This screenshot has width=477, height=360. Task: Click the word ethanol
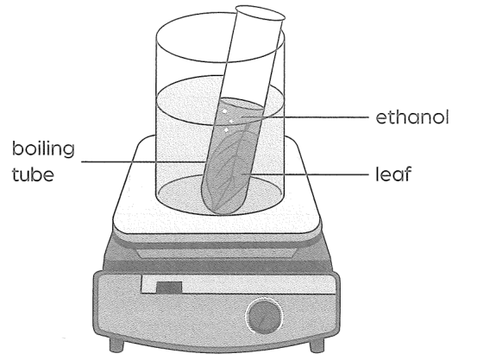pos(412,117)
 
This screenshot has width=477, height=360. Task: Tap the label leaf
pos(393,174)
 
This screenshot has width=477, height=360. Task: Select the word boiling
pos(43,149)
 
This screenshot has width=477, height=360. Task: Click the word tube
pos(33,174)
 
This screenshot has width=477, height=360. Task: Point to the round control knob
pos(264,316)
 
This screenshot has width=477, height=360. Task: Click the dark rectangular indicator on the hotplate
pos(169,287)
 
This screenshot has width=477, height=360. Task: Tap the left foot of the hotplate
pos(116,344)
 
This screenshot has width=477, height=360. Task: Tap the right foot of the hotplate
pos(317,345)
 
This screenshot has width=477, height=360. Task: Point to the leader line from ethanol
pos(307,117)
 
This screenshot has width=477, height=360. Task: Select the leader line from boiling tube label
pos(142,161)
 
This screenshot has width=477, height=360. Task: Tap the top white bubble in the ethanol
pos(224,111)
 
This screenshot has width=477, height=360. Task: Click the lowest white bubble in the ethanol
pos(227,130)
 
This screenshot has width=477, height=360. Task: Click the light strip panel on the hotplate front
pos(238,284)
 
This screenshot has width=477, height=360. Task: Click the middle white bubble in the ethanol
pos(231,121)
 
